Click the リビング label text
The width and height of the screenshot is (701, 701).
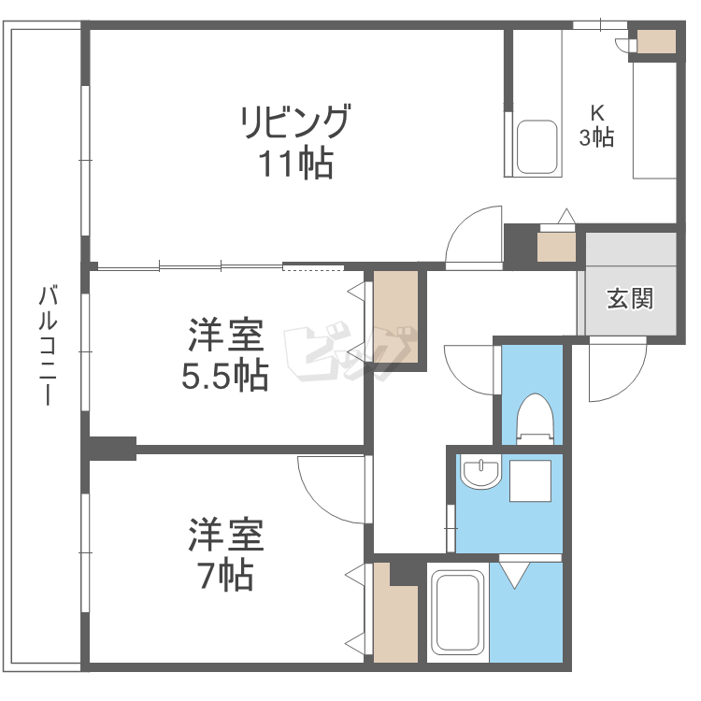click(295, 122)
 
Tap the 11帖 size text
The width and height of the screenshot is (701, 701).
click(296, 165)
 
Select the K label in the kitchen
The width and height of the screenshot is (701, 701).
click(595, 109)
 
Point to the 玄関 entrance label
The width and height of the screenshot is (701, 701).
click(629, 299)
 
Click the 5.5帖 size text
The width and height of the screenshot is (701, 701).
click(224, 376)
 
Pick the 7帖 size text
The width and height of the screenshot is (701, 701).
click(224, 577)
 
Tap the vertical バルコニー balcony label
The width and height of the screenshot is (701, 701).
click(44, 346)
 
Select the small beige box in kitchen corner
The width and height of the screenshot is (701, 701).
click(656, 41)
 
